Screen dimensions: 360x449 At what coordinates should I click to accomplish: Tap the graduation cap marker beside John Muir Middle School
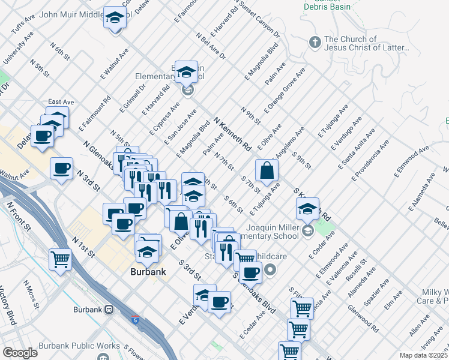(x=113, y=19)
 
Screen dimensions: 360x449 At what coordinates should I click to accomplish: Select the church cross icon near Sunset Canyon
(x=314, y=42)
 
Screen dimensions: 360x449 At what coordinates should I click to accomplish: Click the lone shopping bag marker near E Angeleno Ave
(x=267, y=170)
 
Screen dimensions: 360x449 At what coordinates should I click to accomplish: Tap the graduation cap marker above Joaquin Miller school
(x=307, y=209)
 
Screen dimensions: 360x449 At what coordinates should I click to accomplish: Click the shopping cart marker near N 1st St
(x=61, y=260)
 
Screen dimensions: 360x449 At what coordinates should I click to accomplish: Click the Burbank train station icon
(x=109, y=310)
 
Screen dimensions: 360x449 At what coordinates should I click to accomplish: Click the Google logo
(x=20, y=352)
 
